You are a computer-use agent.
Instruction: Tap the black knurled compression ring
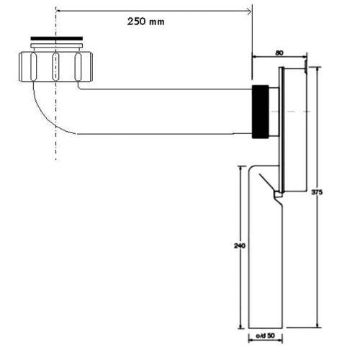pos(260,112)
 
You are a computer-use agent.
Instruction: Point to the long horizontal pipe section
pos(166,112)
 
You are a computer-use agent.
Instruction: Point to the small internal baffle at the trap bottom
pos(276,195)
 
